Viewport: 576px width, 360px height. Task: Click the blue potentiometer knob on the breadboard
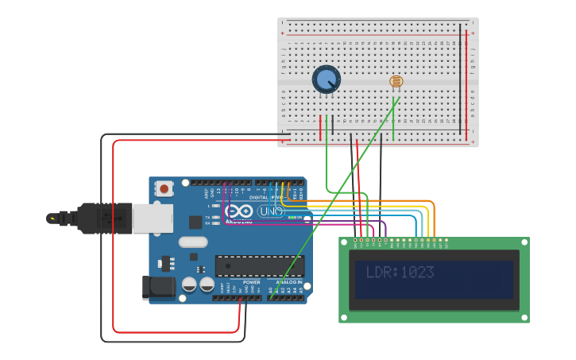click(x=326, y=79)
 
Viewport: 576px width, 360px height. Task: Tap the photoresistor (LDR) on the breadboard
click(x=396, y=81)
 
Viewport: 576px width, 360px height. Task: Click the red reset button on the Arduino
click(x=164, y=188)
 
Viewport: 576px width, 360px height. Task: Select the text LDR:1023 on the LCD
click(x=400, y=273)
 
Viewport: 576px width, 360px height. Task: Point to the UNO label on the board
click(x=270, y=211)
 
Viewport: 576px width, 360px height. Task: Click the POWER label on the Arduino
click(x=251, y=282)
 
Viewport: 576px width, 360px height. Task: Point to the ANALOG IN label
click(x=288, y=282)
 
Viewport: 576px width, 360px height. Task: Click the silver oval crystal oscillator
click(x=193, y=242)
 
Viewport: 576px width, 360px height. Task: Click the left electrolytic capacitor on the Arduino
click(x=189, y=284)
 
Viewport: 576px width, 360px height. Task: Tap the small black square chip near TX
click(x=195, y=222)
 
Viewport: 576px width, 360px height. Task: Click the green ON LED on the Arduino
click(x=291, y=217)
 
